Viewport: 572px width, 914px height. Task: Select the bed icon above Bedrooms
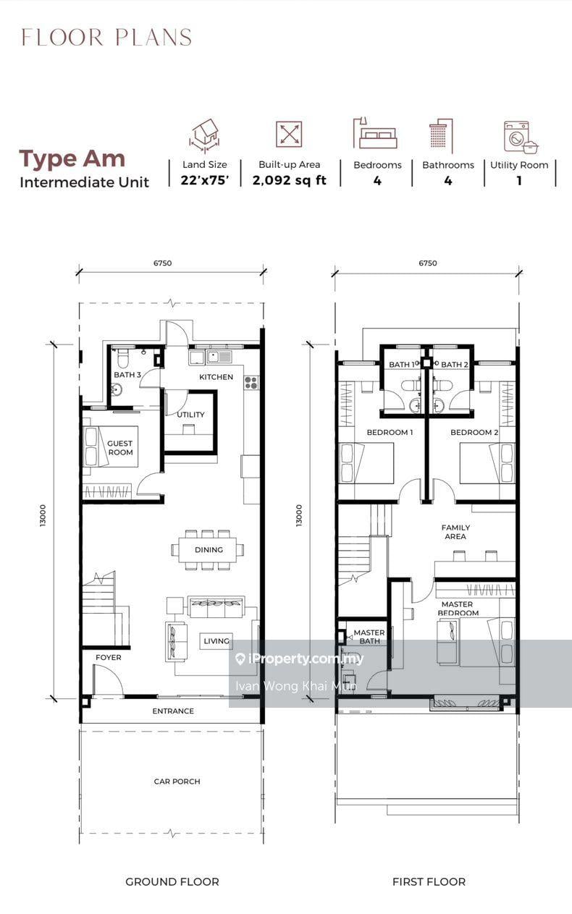click(375, 133)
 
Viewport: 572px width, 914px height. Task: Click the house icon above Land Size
click(205, 133)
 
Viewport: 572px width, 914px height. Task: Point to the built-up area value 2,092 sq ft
click(290, 180)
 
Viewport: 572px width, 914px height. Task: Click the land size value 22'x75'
click(205, 180)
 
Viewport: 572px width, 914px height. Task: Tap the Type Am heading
click(72, 158)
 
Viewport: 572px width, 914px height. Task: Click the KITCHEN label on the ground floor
click(216, 377)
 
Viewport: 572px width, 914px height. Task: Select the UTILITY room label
click(190, 415)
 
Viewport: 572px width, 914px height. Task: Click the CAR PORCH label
click(177, 782)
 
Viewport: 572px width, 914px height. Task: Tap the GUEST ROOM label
click(120, 448)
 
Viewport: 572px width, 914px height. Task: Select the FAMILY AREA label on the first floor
click(455, 532)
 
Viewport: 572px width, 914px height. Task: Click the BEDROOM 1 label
click(390, 432)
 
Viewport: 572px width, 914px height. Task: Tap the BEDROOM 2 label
click(474, 432)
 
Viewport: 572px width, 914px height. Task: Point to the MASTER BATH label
click(369, 637)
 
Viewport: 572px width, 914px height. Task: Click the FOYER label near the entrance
click(108, 657)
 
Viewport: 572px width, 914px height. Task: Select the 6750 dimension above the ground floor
click(162, 263)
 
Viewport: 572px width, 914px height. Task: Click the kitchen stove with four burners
click(251, 383)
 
